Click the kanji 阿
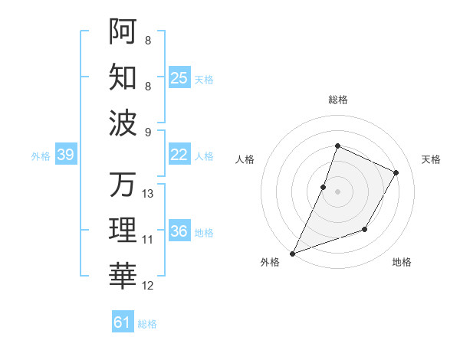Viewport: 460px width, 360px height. click(x=123, y=32)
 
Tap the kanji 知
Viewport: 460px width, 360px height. click(x=123, y=77)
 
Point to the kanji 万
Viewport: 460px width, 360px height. click(x=123, y=185)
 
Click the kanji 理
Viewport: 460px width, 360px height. click(x=123, y=230)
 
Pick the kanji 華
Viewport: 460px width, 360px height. click(x=123, y=275)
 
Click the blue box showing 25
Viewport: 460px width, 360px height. click(x=179, y=77)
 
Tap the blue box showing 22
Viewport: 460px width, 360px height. click(x=179, y=155)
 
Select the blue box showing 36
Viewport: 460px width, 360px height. click(x=179, y=231)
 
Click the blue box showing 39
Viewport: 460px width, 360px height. click(x=65, y=155)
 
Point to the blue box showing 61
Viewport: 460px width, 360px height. click(x=123, y=322)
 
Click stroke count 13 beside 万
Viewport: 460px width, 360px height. click(x=148, y=194)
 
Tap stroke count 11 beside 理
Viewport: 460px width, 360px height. click(x=148, y=240)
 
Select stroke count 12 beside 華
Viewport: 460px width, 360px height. click(x=148, y=286)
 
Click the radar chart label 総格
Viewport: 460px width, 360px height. click(x=337, y=100)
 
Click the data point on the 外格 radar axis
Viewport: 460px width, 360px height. click(x=292, y=254)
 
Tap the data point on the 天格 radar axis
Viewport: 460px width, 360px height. click(x=396, y=172)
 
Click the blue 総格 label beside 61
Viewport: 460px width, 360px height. click(x=147, y=324)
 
